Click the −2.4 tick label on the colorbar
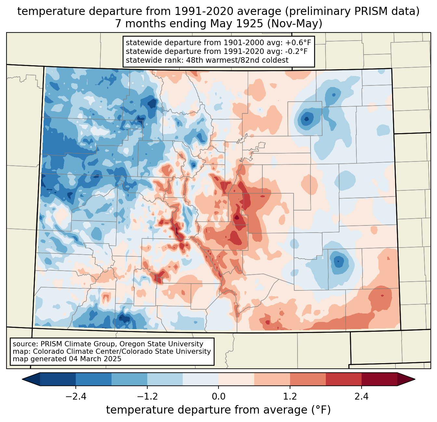point(75,397)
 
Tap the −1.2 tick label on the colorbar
point(147,397)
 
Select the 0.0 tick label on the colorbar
point(218,397)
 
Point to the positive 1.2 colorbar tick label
point(290,397)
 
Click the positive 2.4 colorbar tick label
point(361,397)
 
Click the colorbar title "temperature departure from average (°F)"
point(218,410)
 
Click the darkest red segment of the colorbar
point(379,379)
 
